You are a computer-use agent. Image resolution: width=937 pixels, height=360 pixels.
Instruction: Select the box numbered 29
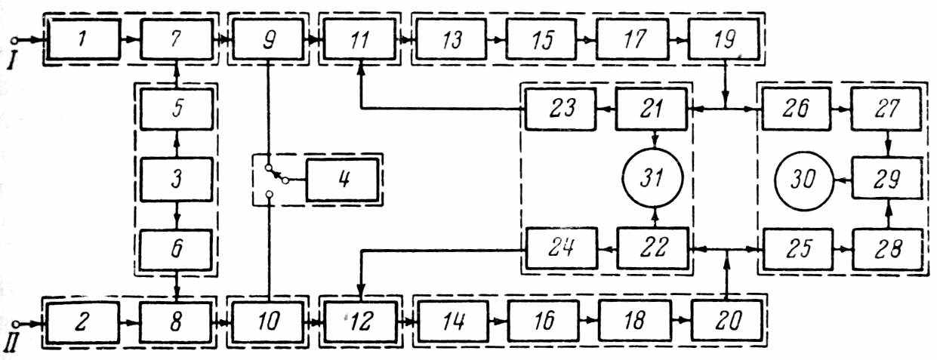(x=886, y=181)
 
